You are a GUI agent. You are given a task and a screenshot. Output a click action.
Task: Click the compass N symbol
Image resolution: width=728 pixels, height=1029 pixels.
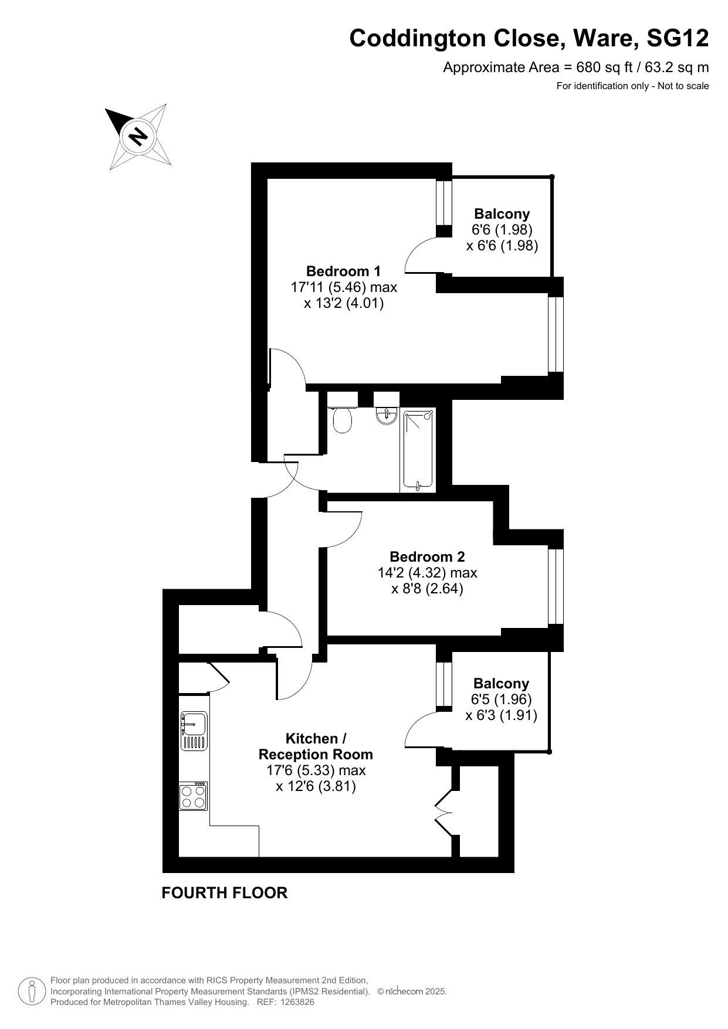click(x=138, y=136)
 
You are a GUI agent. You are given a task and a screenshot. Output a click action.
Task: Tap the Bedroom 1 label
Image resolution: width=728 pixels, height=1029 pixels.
click(x=343, y=271)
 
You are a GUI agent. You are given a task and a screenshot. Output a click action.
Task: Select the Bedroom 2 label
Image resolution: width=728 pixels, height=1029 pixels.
click(x=427, y=557)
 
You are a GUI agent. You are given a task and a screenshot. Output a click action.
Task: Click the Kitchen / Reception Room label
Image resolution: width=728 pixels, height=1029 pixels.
click(x=316, y=746)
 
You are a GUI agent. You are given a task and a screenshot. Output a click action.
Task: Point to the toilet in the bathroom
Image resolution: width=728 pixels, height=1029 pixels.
click(x=342, y=418)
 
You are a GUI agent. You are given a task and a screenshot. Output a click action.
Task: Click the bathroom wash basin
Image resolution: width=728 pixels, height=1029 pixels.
click(x=386, y=415)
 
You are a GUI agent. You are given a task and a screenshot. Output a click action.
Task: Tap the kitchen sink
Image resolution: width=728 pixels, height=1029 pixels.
click(x=194, y=731)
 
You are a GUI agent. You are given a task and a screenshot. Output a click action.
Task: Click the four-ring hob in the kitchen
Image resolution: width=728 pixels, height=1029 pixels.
click(x=194, y=796)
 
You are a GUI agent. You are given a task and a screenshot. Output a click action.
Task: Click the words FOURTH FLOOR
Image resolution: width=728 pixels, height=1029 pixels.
click(x=225, y=893)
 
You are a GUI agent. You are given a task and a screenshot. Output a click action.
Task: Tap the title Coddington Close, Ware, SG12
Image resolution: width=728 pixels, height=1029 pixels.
click(x=529, y=39)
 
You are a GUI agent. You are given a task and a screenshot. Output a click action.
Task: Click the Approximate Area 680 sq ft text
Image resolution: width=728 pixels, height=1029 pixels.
click(x=576, y=67)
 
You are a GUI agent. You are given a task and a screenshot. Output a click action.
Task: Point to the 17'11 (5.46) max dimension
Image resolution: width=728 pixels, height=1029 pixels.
click(x=344, y=287)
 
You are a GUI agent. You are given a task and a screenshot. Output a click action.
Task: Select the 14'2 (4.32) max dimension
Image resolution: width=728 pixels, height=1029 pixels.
click(x=428, y=573)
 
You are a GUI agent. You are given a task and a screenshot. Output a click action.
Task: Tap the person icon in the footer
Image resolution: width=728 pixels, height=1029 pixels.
click(x=32, y=991)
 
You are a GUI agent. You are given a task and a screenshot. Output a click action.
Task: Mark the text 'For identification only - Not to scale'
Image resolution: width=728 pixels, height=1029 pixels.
click(x=633, y=86)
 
